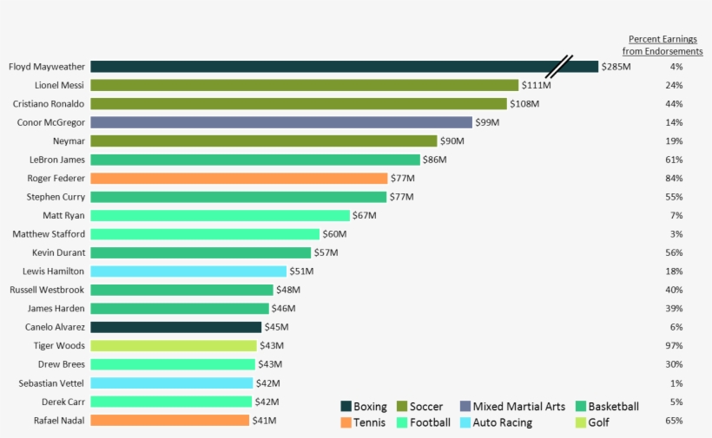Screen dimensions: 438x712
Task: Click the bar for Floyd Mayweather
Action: (x=321, y=67)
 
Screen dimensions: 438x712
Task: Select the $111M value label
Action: (x=536, y=85)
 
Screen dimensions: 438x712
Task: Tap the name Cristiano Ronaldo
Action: (x=49, y=104)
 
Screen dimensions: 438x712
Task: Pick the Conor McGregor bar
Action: (x=281, y=122)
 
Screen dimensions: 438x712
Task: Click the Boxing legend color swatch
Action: (x=346, y=407)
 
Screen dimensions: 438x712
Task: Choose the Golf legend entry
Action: (x=593, y=422)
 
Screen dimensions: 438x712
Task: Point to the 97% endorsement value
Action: (x=674, y=346)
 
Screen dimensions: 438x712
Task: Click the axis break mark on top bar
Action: (x=559, y=67)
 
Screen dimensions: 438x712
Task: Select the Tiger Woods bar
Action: (x=174, y=346)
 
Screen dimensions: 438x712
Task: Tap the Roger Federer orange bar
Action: (x=239, y=179)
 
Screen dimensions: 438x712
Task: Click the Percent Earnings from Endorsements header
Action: (x=663, y=45)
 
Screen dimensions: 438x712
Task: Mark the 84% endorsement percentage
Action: (x=674, y=179)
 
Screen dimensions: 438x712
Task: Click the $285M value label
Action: (x=616, y=67)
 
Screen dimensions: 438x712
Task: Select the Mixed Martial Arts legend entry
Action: (x=512, y=407)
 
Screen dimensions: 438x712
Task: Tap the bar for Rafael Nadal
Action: (x=169, y=421)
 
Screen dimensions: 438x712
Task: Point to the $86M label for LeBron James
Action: (x=434, y=160)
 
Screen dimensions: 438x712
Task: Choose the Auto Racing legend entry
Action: (x=496, y=422)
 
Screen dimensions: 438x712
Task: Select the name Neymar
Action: (x=69, y=141)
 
